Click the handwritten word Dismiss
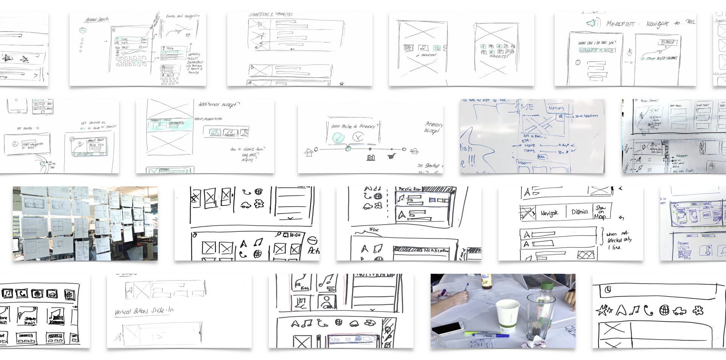pos(580,212)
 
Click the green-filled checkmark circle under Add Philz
pos(338,138)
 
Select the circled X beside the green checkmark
pos(358,137)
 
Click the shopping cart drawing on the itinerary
pos(392,156)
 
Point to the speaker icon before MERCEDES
pos(592,23)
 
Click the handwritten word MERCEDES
pos(621,24)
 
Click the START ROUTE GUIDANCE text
pos(661,58)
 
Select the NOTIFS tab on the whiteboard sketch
pos(556,108)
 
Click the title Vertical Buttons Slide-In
pos(144,311)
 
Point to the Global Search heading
pos(97,19)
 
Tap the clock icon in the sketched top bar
pos(608,290)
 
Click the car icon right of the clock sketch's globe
pos(679,311)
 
